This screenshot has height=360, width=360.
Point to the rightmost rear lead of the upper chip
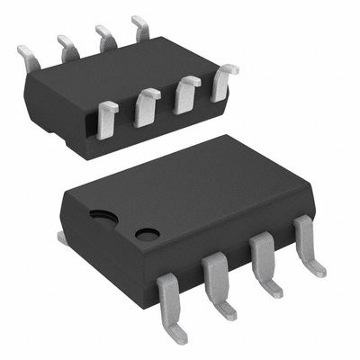[x=140, y=28]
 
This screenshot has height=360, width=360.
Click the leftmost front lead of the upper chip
[x=107, y=119]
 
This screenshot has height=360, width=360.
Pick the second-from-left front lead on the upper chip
[x=146, y=107]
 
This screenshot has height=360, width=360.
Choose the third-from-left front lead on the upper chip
[x=187, y=94]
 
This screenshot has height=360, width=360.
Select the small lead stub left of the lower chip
[x=61, y=237]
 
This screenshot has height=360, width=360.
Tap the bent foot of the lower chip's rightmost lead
[x=317, y=267]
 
